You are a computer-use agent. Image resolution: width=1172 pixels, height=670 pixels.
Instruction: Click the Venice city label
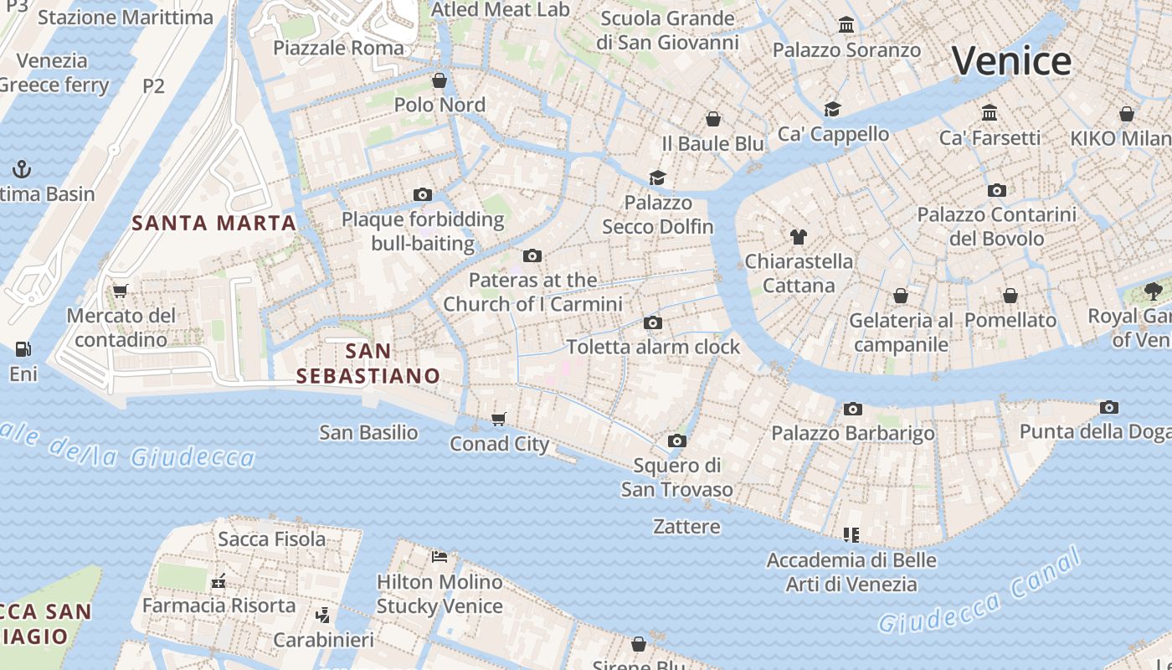(1011, 61)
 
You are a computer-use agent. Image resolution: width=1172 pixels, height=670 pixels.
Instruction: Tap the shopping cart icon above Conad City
(499, 419)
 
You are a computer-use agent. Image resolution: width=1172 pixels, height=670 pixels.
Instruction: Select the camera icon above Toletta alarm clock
(653, 322)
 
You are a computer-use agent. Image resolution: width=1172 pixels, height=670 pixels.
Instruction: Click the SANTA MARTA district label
(214, 223)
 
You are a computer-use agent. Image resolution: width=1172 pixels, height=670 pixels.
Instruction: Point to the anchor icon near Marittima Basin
(22, 170)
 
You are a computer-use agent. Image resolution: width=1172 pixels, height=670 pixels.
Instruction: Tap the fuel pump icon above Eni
(23, 349)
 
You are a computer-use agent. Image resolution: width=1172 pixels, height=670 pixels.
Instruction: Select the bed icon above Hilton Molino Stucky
(439, 556)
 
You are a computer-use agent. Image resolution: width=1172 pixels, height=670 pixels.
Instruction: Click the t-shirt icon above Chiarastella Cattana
(798, 237)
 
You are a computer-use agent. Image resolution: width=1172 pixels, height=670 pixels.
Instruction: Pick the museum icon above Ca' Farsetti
(990, 112)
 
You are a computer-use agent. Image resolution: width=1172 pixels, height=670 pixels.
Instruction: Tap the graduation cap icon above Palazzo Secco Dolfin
(658, 178)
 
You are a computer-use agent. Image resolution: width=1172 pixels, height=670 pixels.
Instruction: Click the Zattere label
(686, 527)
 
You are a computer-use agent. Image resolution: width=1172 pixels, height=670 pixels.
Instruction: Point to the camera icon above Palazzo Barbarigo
(853, 409)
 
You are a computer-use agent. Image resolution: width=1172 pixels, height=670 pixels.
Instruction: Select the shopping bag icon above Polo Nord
(439, 80)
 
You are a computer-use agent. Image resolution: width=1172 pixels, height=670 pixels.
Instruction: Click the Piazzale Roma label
(338, 48)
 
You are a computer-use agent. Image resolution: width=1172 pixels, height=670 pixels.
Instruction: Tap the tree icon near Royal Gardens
(1154, 291)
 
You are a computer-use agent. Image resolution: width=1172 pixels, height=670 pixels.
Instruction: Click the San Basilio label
(368, 432)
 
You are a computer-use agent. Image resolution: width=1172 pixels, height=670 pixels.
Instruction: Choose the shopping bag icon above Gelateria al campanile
(901, 296)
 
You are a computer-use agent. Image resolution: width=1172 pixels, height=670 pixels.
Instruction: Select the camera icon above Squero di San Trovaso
(677, 441)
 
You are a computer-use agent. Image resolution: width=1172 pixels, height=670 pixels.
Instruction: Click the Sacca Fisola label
(272, 539)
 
